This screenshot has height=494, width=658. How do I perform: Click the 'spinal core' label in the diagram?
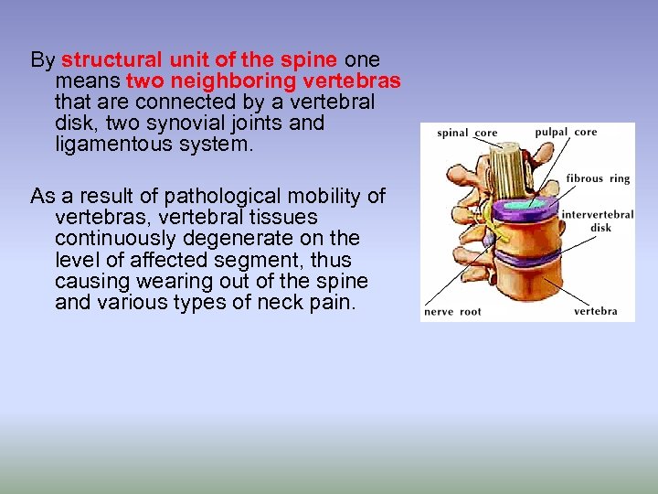467,134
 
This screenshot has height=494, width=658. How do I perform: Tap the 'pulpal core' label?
566,132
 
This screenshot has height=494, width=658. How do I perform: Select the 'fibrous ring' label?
598,178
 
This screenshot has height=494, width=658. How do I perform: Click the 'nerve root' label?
452,312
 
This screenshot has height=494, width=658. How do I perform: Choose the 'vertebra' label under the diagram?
595,311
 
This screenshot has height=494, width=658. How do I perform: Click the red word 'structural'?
114,60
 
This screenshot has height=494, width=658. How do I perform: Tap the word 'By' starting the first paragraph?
42,60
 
